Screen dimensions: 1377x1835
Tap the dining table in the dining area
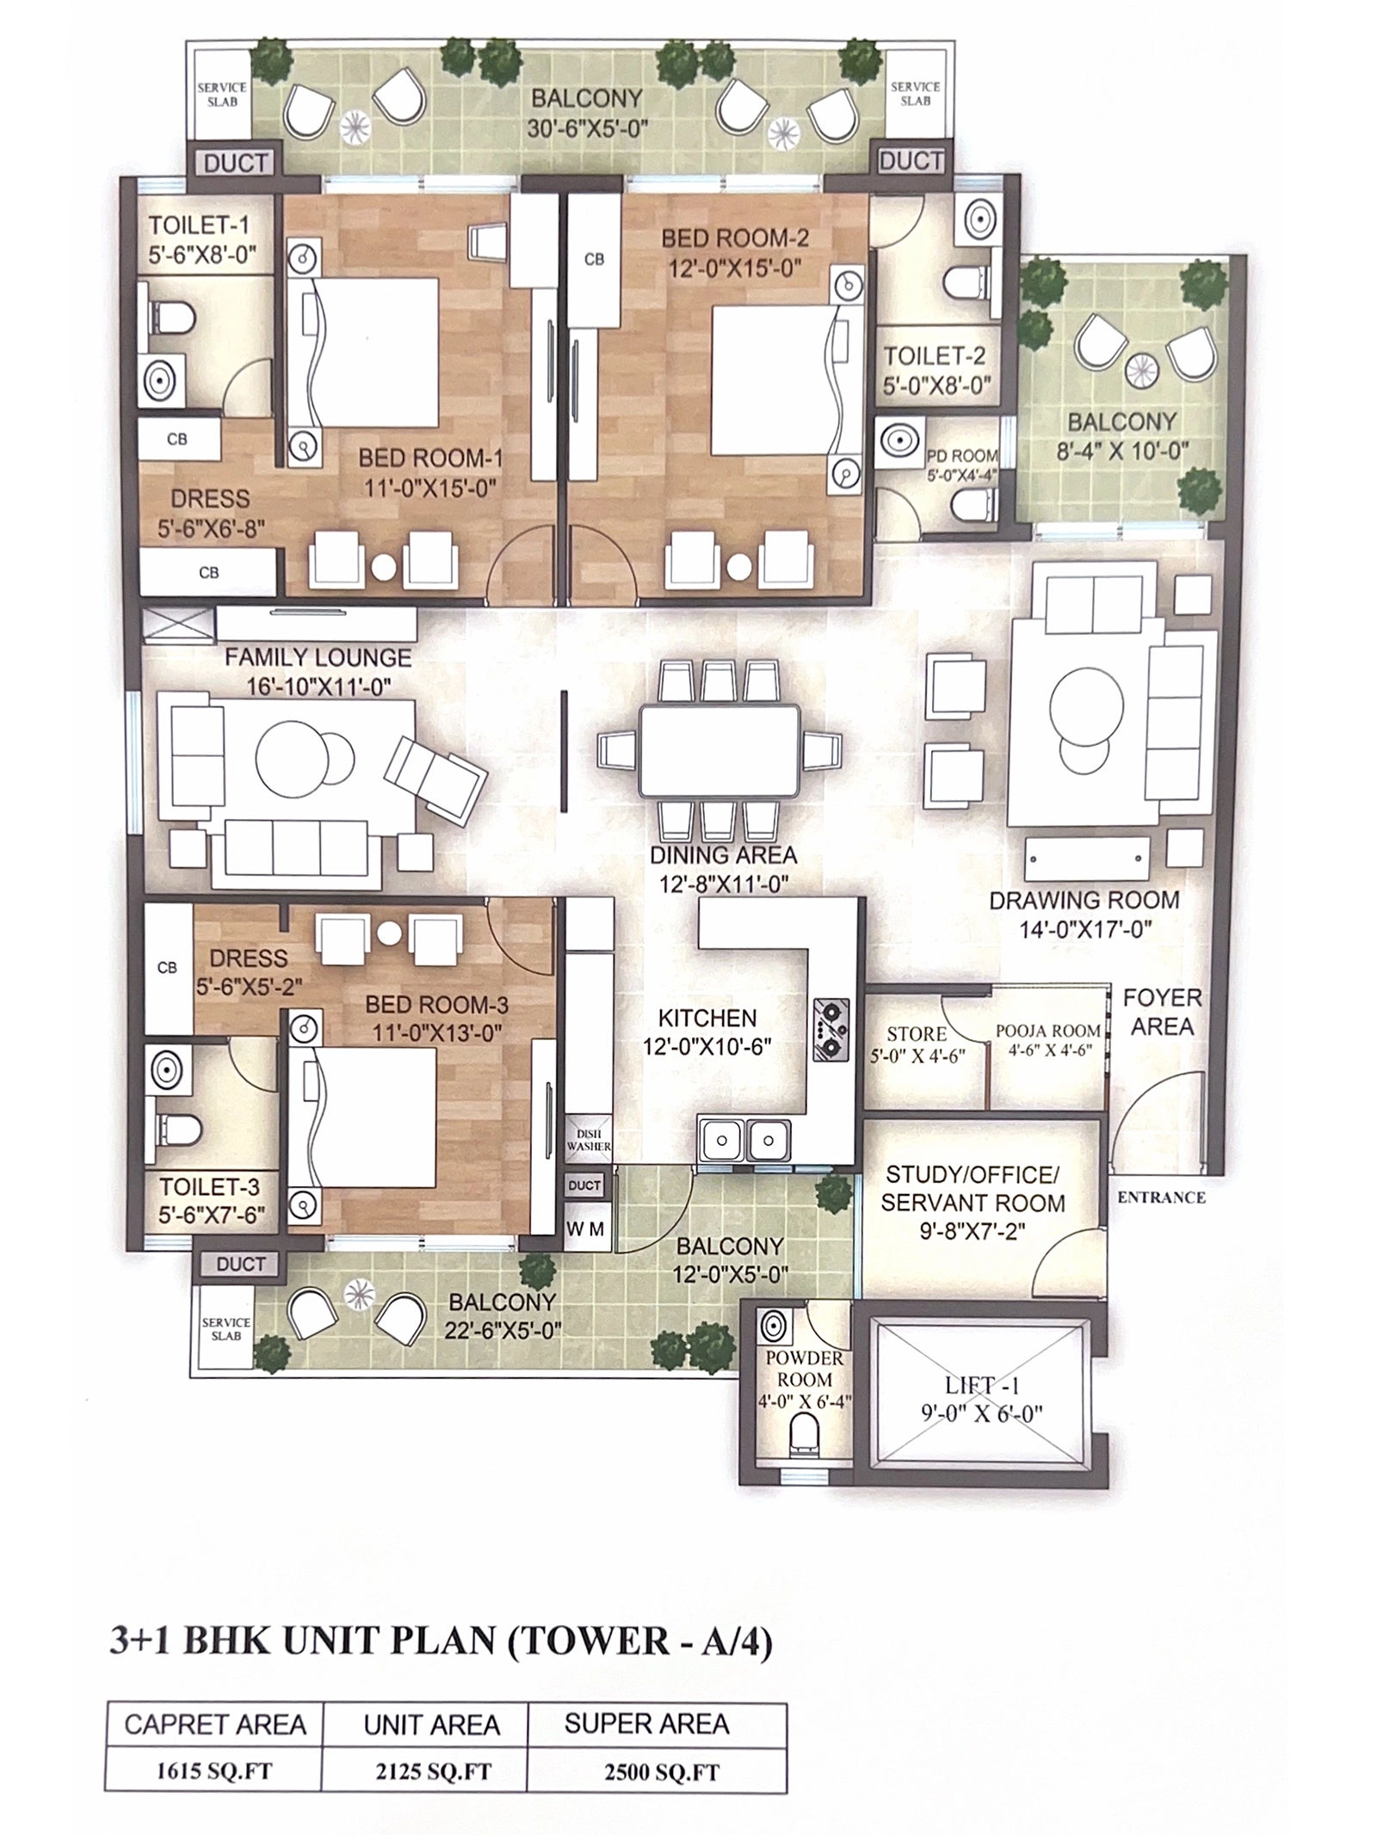tap(718, 750)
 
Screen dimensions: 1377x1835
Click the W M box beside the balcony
tap(584, 1230)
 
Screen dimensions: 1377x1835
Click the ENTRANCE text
tap(1161, 1198)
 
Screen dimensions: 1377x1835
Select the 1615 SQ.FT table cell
tap(214, 1772)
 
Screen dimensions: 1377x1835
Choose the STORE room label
tap(917, 1034)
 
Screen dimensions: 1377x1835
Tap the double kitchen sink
tap(744, 1141)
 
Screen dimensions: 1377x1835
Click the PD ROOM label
tap(962, 456)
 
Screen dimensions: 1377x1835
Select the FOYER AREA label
tap(1162, 1012)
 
